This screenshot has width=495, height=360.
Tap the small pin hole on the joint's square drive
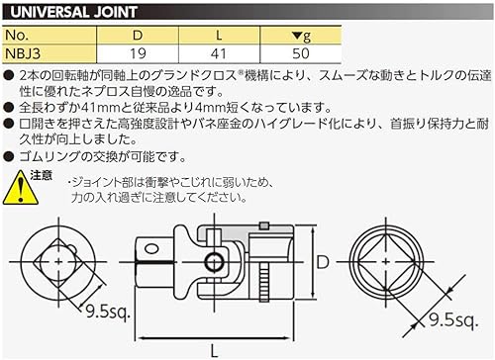pos(214,262)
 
